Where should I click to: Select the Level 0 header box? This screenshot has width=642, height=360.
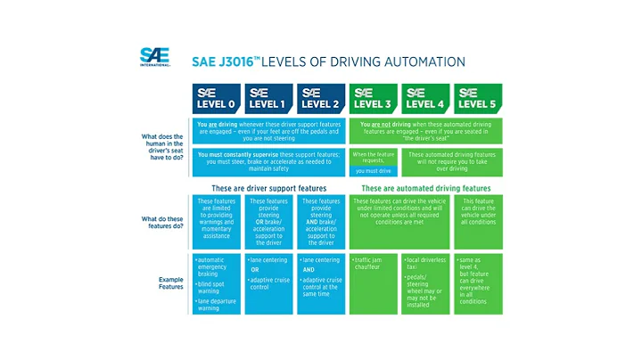pyautogui.click(x=216, y=99)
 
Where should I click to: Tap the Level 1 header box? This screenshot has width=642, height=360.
pyautogui.click(x=268, y=99)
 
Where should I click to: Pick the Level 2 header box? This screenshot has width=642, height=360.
pyautogui.click(x=320, y=99)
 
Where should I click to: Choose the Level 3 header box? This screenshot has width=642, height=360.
pyautogui.click(x=374, y=99)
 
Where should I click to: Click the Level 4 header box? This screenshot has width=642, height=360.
pyautogui.click(x=425, y=99)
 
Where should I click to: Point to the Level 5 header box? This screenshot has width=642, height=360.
pyautogui.click(x=478, y=99)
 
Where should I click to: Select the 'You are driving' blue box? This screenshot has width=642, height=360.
pyautogui.click(x=267, y=131)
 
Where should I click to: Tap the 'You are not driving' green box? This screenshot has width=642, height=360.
pyautogui.click(x=425, y=131)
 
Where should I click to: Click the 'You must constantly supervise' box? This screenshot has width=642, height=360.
pyautogui.click(x=267, y=162)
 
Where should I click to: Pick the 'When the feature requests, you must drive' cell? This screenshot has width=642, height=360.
pyautogui.click(x=374, y=162)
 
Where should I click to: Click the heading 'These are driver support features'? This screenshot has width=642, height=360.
pyautogui.click(x=267, y=189)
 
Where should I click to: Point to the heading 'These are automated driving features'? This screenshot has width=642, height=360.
pyautogui.click(x=425, y=189)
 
